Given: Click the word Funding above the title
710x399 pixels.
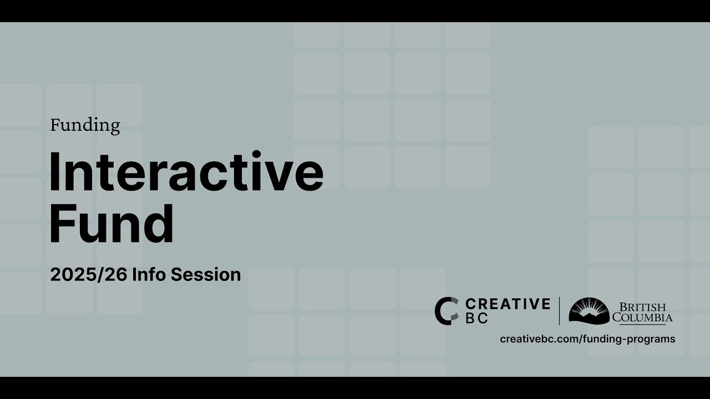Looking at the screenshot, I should (85, 125).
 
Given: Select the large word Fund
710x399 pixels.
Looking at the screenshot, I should (111, 224).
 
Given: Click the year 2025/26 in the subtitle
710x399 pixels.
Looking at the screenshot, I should (89, 275).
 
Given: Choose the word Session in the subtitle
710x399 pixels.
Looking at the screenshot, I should (206, 275).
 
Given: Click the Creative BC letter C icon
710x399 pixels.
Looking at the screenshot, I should (446, 311).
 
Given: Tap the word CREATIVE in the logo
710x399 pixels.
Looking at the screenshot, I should (508, 304).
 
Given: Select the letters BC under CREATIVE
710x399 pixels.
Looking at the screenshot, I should (477, 319).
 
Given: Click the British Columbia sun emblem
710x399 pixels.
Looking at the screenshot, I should (589, 311).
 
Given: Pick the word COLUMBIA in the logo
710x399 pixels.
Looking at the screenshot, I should (642, 318).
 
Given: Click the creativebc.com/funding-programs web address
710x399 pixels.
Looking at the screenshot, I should (587, 339).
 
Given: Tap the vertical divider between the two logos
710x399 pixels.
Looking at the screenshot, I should (559, 311).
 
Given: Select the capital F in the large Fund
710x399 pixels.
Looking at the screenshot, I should (62, 224).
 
